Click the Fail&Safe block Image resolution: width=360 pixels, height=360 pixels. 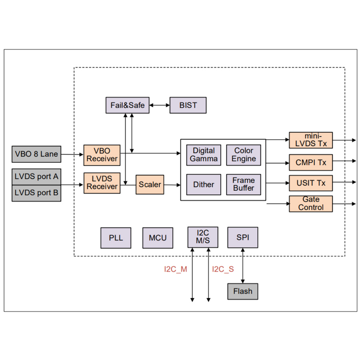[x=128, y=106]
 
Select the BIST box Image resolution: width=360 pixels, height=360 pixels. [x=188, y=106]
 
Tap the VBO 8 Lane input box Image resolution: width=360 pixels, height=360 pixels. [x=36, y=154]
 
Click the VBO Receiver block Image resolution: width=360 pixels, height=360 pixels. [x=102, y=155]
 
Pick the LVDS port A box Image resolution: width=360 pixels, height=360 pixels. [x=36, y=176]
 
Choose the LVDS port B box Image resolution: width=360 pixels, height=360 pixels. [x=36, y=193]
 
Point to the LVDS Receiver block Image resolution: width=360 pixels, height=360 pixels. [x=102, y=183]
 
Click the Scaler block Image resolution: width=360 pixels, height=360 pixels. [x=150, y=185]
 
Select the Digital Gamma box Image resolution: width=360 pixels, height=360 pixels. [x=204, y=155]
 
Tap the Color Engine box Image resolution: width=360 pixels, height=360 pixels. [x=244, y=155]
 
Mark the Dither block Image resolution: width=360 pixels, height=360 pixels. [x=204, y=184]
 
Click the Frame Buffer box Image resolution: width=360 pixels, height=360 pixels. [x=244, y=184]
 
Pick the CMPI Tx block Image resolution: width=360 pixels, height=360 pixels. [x=311, y=162]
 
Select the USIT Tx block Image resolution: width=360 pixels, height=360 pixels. [x=311, y=183]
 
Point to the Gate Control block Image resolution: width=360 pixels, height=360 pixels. [x=311, y=204]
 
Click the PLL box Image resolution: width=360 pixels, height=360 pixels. [x=116, y=238]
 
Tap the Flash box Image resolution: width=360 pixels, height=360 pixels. [x=243, y=291]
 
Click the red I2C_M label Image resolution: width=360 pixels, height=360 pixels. [x=175, y=269]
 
